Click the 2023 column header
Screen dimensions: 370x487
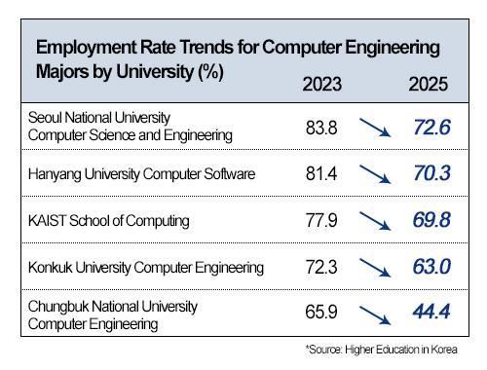322,85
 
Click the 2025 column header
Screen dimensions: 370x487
428,85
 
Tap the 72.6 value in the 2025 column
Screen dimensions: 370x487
429,128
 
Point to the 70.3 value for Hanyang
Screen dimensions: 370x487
429,174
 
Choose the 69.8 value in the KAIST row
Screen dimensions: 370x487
429,221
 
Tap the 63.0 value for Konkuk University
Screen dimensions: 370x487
429,267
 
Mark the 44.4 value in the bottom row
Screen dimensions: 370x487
429,314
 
